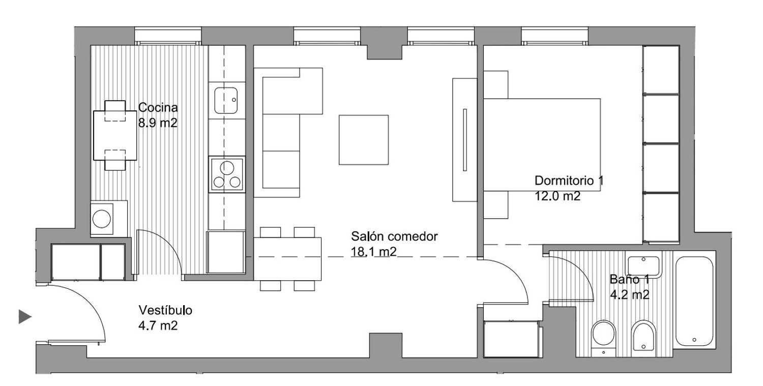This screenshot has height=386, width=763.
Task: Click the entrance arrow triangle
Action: (24, 316)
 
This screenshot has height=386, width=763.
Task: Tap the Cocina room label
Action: (158, 107)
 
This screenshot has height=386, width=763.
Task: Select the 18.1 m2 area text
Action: (374, 252)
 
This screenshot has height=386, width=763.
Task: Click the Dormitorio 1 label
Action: (569, 180)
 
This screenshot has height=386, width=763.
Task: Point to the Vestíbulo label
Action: (165, 310)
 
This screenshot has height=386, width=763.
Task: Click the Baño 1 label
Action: (629, 279)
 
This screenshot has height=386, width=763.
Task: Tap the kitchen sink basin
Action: (226, 101)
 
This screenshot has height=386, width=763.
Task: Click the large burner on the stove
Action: (227, 168)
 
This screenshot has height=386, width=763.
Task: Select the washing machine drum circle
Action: (102, 218)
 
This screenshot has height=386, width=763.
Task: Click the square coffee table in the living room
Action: (364, 140)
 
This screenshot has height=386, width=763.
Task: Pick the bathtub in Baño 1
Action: (694, 301)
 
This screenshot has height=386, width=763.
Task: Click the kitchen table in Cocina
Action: (115, 135)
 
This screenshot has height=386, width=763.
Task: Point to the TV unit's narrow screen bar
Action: (464, 140)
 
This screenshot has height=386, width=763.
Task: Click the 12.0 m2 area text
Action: (557, 196)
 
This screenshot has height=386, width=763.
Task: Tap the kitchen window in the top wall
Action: (168, 36)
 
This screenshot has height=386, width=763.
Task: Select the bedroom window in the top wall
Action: (555, 36)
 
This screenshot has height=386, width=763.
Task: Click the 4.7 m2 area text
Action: (158, 325)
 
